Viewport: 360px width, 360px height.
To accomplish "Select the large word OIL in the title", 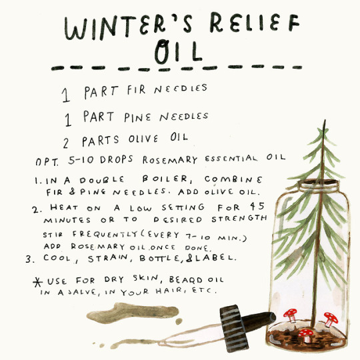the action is (x=178, y=51).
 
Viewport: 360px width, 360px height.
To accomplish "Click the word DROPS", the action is (x=117, y=159).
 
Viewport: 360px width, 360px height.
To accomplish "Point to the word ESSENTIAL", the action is (x=231, y=159).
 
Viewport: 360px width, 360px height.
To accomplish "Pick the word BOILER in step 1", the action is (x=167, y=179).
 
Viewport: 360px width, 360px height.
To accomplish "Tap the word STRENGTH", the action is (x=239, y=219).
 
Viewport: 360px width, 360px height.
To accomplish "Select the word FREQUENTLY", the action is (x=105, y=234).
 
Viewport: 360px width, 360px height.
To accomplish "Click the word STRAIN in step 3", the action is (x=108, y=258).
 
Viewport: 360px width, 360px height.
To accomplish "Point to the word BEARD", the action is (x=186, y=279).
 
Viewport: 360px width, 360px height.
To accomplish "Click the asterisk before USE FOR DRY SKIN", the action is (x=37, y=282).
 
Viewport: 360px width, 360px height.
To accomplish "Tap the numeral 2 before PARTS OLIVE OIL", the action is (x=66, y=143).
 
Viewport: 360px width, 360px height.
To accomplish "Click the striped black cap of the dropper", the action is (x=233, y=328).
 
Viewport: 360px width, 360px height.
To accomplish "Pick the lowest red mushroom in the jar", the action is (x=306, y=335).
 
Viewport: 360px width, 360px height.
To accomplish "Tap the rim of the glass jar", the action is (x=319, y=185).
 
